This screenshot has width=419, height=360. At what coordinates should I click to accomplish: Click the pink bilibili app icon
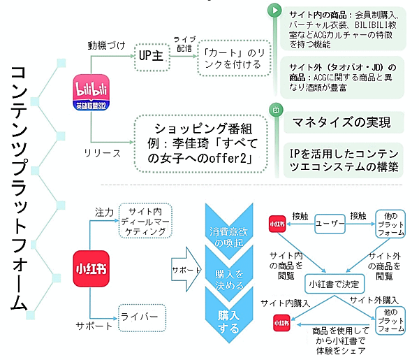[92, 89]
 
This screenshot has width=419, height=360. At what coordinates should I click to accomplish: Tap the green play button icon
[276, 11]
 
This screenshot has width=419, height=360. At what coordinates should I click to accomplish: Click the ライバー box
[142, 317]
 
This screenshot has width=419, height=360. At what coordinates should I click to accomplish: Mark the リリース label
[103, 150]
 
